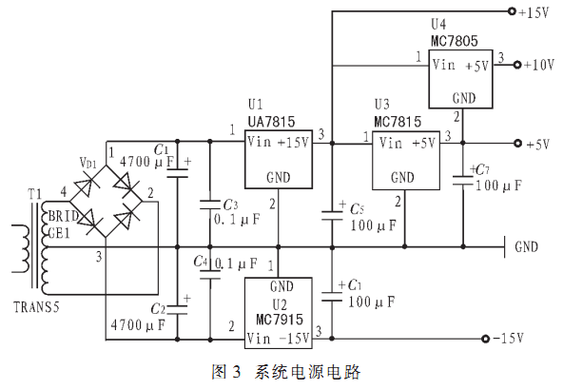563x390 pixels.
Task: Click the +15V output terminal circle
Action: click(x=512, y=11)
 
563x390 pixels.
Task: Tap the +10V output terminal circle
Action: click(x=517, y=65)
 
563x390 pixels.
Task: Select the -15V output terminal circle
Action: click(x=485, y=339)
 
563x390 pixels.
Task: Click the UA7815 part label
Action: click(x=271, y=122)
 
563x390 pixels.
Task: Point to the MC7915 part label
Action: click(x=280, y=320)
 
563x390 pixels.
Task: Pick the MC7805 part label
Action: click(x=455, y=41)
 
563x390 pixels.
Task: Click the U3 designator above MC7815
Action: click(x=381, y=105)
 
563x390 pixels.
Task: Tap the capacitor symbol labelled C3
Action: click(x=210, y=205)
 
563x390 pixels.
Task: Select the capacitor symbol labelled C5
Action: click(x=332, y=216)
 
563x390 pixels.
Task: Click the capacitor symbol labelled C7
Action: click(x=463, y=181)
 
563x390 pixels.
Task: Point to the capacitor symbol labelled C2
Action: click(x=178, y=310)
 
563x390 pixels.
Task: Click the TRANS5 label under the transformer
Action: click(x=36, y=307)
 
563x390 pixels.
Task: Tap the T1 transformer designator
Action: click(x=35, y=194)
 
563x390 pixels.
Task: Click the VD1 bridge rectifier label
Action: click(x=87, y=163)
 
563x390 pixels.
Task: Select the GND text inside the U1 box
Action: click(x=279, y=178)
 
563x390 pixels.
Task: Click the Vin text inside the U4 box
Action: click(x=444, y=65)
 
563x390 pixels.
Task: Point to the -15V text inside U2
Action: click(x=294, y=339)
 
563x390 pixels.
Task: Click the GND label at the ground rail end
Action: click(x=526, y=247)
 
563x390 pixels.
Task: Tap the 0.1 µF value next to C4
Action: click(x=236, y=263)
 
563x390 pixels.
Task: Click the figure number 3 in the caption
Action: click(x=236, y=372)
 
